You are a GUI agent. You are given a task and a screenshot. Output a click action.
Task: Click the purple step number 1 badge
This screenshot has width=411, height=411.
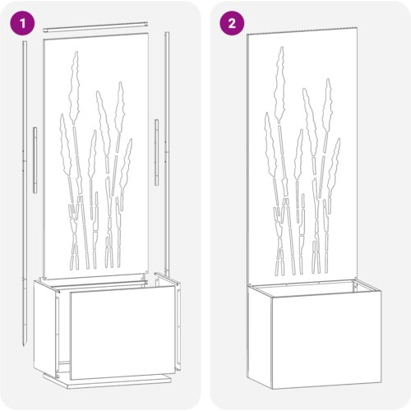coord(22,24)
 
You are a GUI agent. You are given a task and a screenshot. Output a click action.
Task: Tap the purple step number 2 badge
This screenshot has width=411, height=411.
coord(232,24)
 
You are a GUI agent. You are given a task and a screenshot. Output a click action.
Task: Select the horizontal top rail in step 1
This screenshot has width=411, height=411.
coord(95,26)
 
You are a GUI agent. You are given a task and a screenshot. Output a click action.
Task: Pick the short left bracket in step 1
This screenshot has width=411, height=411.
coord(35,159)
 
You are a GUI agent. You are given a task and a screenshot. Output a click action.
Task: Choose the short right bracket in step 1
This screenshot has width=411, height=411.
coord(156,152)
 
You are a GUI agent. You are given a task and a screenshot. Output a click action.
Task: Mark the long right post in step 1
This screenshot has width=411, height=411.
coord(167,154)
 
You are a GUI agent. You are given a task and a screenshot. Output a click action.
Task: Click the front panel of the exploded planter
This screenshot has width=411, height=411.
coord(122,332)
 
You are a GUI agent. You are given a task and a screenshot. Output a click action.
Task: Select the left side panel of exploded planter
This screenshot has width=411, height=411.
coord(45,329)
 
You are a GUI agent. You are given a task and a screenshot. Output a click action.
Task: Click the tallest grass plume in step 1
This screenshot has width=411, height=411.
coord(74,88)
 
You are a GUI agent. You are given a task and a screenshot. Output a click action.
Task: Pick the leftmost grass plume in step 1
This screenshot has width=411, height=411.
coord(65,145)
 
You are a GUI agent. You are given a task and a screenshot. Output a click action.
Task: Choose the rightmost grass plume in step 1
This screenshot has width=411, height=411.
coord(126,164)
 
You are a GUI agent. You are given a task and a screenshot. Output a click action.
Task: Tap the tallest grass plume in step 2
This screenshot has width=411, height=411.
coord(280,85)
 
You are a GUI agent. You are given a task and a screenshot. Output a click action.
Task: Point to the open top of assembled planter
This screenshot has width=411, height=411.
coord(315,288)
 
